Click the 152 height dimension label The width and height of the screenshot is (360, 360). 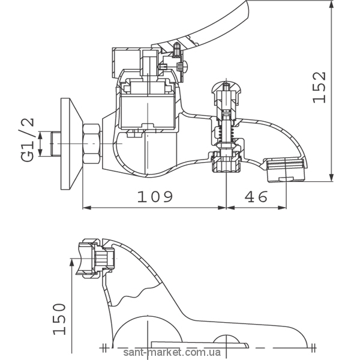tap(319, 87)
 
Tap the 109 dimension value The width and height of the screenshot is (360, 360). tap(155, 197)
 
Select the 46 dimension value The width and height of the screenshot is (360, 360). tap(256, 197)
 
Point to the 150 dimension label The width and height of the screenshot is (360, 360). tap(59, 319)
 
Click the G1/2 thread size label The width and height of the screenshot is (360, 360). tap(27, 140)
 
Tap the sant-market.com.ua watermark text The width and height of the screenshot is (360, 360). tap(172, 352)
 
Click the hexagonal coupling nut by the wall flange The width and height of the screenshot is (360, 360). tap(91, 144)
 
